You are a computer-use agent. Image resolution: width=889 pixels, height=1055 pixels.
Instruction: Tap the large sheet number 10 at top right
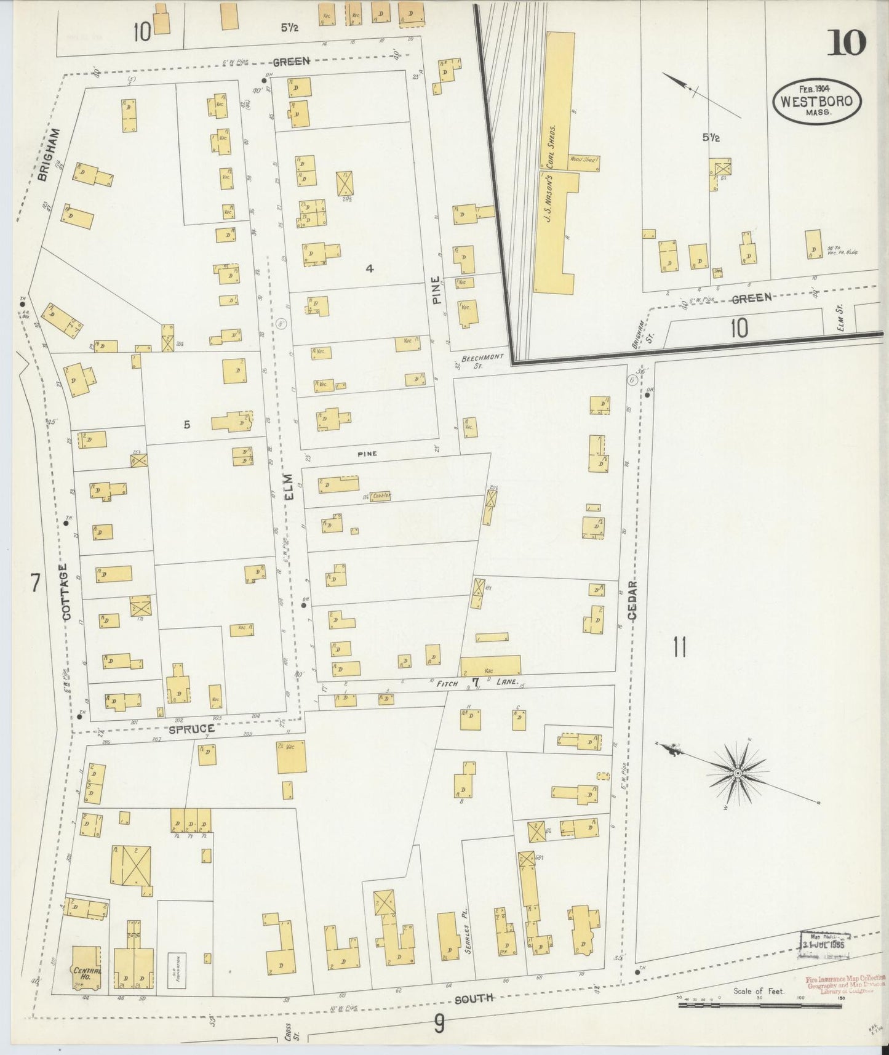pyautogui.click(x=846, y=43)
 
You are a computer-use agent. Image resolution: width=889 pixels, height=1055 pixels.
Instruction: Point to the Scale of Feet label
pyautogui.click(x=758, y=992)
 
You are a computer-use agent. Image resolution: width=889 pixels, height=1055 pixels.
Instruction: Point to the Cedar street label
pyautogui.click(x=634, y=600)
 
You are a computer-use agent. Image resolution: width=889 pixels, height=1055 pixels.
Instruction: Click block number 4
pyautogui.click(x=369, y=268)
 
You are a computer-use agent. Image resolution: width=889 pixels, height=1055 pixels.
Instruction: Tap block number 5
pyautogui.click(x=186, y=424)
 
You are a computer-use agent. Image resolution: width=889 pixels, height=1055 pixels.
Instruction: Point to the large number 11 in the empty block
pyautogui.click(x=679, y=648)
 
